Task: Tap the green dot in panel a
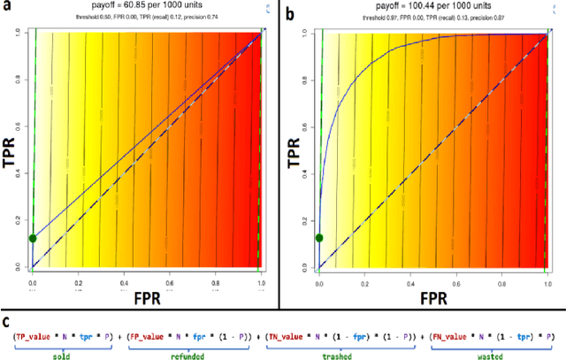33,238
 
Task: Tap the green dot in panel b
319,237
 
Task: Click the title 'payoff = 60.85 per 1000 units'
147,7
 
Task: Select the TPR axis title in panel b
295,149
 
